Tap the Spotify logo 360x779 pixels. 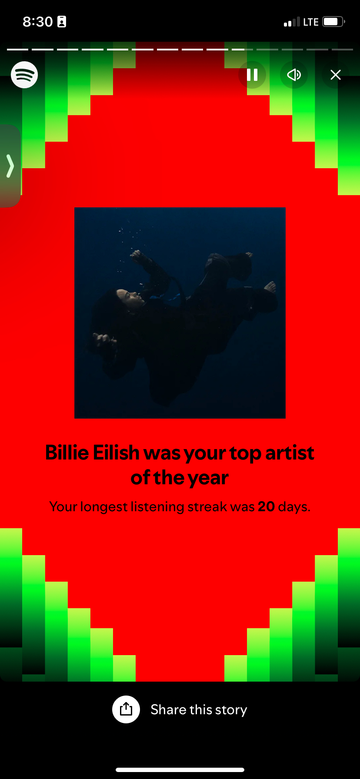coord(24,75)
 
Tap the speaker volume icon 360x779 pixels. coord(294,75)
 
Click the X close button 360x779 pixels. coord(336,75)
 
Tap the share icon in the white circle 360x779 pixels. coord(126,709)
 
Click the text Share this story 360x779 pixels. coord(199,709)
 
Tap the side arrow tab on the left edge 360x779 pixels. coord(10,166)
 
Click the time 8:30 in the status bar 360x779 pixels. coord(38,22)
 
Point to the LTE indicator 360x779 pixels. coord(311,22)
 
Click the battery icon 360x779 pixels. coord(334,22)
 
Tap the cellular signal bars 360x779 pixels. coord(292,22)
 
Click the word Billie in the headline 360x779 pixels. coord(67,453)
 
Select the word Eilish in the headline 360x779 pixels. coord(116,453)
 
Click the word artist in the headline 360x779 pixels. coord(290,453)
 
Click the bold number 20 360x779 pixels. coord(267,506)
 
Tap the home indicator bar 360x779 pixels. coord(180,770)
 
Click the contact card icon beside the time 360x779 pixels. coord(62,22)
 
